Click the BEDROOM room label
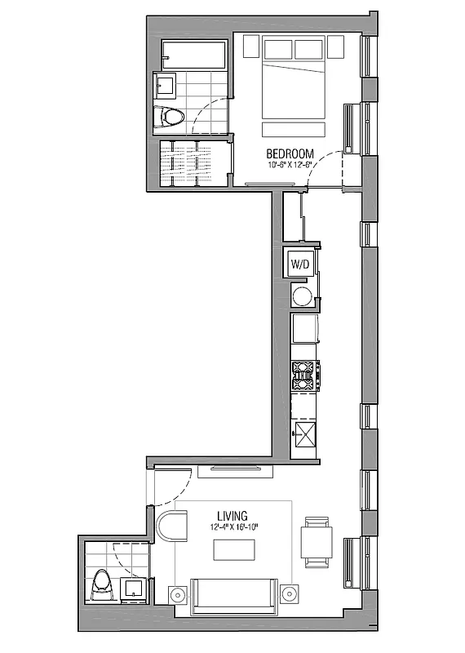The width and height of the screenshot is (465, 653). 291,153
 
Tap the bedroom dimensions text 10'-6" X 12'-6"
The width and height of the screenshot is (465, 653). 291,164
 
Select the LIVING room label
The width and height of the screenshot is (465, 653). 233,516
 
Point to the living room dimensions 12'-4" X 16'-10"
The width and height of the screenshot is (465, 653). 233,527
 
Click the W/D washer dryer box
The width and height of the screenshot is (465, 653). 301,264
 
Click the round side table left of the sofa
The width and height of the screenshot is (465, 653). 177,593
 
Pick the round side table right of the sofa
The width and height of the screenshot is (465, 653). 287,593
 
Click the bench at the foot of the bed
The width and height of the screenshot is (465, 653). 294,130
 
